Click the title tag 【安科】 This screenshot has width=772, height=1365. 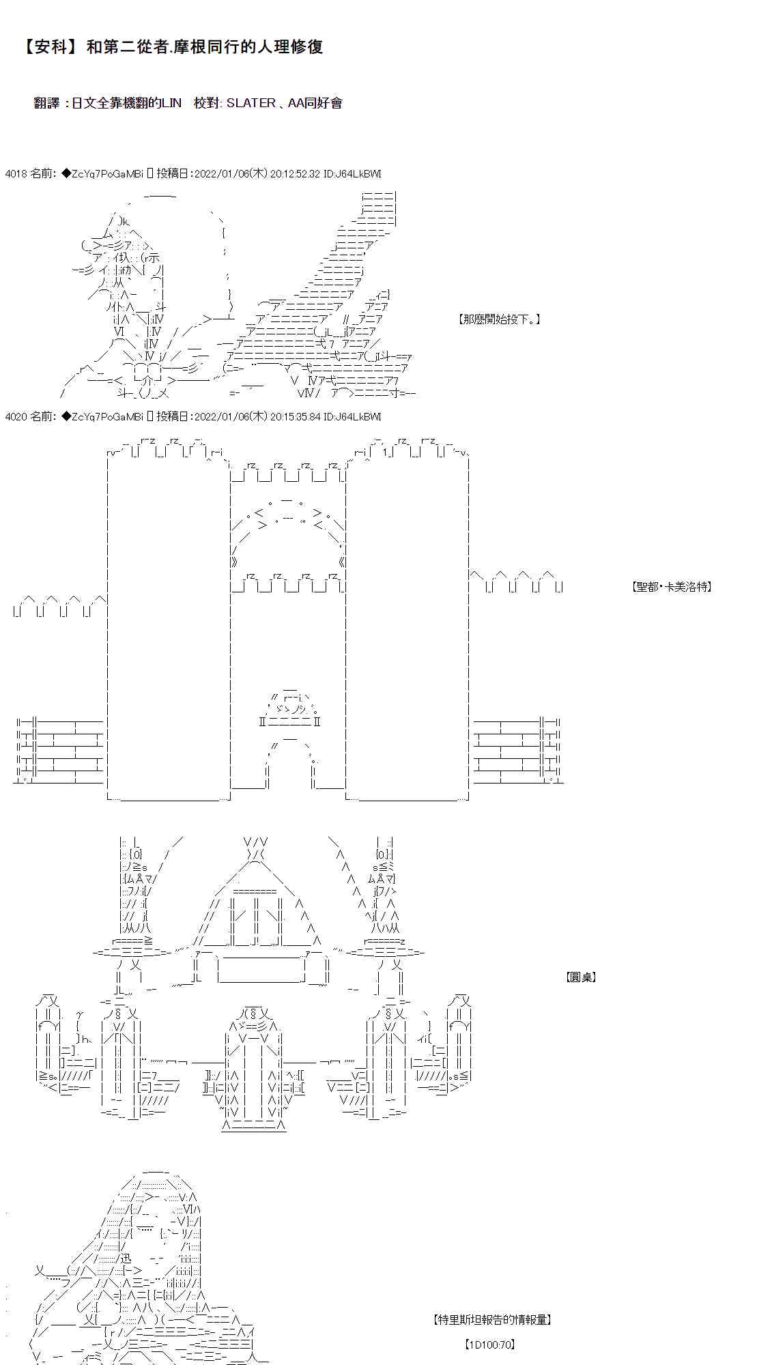pyautogui.click(x=49, y=47)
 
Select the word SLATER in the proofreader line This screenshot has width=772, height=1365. pyautogui.click(x=251, y=103)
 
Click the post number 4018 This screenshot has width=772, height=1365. pyautogui.click(x=15, y=174)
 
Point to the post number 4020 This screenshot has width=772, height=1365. pyautogui.click(x=15, y=416)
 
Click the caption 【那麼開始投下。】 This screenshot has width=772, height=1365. pyautogui.click(x=500, y=319)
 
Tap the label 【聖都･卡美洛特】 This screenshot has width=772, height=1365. pyautogui.click(x=672, y=586)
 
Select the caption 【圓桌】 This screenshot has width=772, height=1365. pyautogui.click(x=581, y=977)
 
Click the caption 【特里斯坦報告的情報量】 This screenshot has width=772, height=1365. pyautogui.click(x=491, y=1319)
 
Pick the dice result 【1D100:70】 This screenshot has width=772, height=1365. pyautogui.click(x=489, y=1345)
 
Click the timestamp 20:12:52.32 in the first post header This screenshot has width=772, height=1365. pyautogui.click(x=295, y=174)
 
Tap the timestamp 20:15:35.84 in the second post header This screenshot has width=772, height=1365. pyautogui.click(x=295, y=416)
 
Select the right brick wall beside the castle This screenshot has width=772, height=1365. pyautogui.click(x=517, y=749)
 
